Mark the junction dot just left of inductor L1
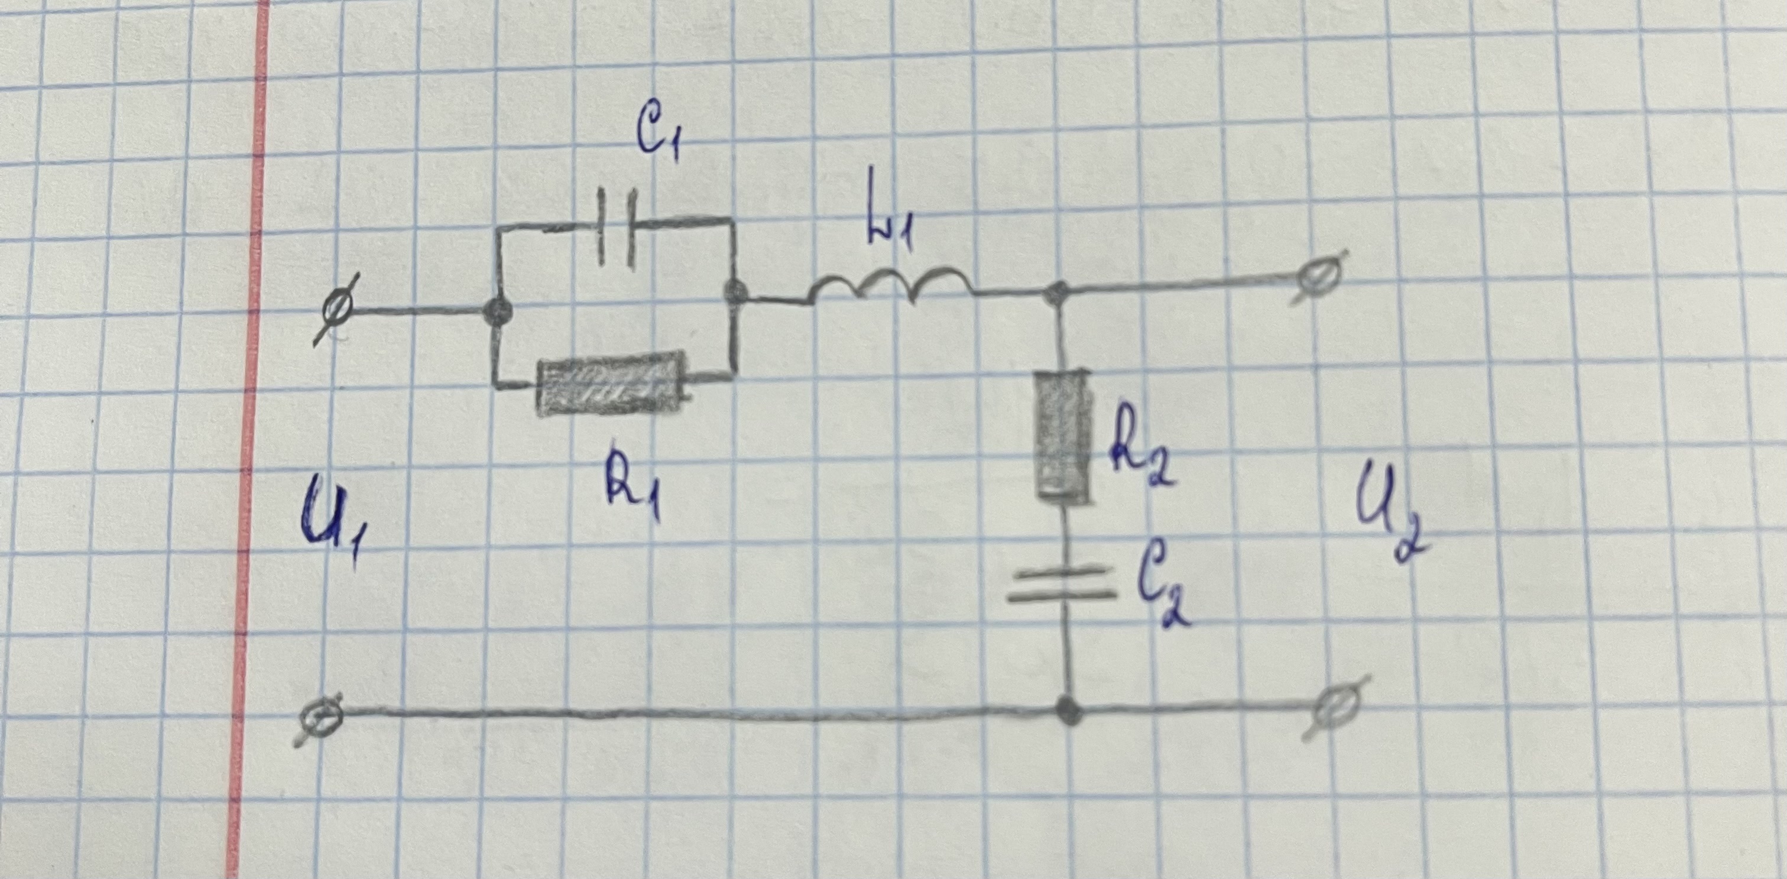click(734, 293)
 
